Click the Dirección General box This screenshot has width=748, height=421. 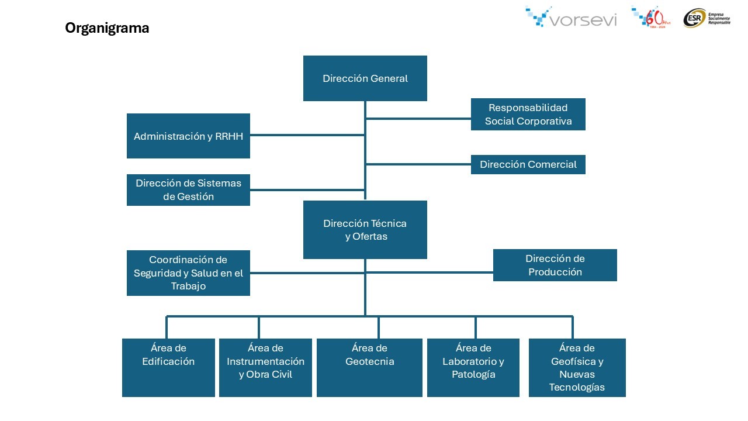point(365,78)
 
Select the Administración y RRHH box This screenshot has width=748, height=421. point(188,136)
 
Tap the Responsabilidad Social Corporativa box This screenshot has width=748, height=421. point(528,114)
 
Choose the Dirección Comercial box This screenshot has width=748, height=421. point(528,164)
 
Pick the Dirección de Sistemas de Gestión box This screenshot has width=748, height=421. point(188,190)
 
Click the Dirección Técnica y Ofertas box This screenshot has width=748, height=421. point(365,230)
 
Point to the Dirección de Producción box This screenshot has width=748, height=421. point(555,265)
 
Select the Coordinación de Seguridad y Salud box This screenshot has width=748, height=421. point(188,273)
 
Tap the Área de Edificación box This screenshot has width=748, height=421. point(168,367)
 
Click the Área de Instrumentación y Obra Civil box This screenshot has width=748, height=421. point(265,367)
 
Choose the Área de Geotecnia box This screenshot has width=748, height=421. point(369,367)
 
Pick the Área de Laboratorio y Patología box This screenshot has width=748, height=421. point(473,367)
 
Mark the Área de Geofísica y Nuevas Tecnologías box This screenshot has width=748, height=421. point(577,367)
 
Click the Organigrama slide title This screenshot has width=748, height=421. point(107,28)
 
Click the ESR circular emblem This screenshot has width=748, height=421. point(694,18)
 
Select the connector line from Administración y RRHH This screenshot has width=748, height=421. point(307,135)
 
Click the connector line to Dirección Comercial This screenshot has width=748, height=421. point(418,164)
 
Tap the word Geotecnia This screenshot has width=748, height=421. point(369,361)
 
